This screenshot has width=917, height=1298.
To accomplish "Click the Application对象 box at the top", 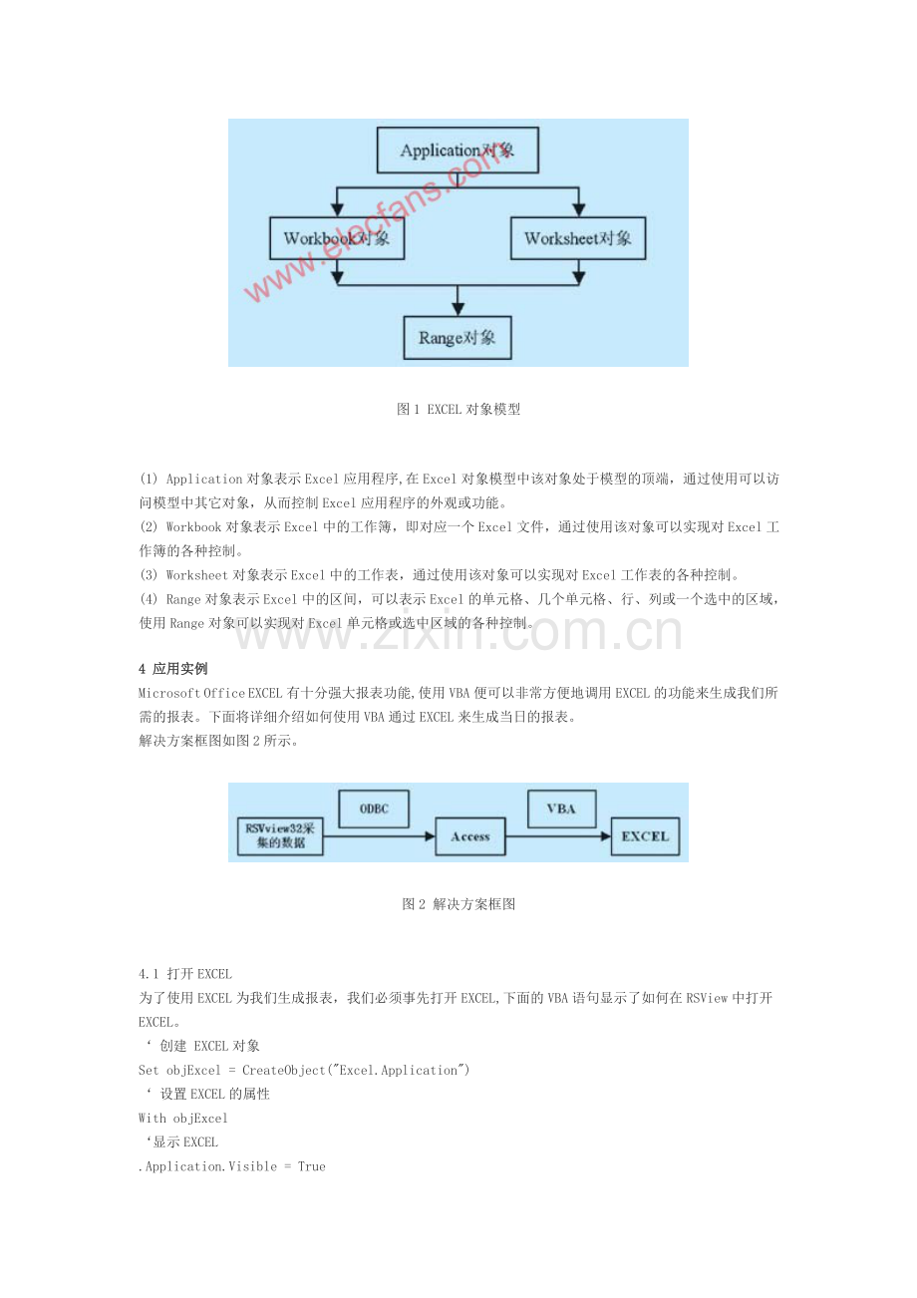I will tap(458, 152).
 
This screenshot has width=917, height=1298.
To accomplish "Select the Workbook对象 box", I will tap(337, 239).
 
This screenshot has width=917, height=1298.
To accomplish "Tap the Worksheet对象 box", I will tap(577, 239).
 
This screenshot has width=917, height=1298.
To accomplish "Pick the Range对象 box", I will tap(457, 338).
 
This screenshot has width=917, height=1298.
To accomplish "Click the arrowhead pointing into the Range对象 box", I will tap(457, 308).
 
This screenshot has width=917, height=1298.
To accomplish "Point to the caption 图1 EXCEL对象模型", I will tap(458, 409).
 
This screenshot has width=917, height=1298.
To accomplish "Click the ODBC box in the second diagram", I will tap(374, 809).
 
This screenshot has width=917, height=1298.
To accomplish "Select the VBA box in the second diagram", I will tap(561, 809).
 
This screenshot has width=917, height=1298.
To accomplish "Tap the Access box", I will tap(470, 836).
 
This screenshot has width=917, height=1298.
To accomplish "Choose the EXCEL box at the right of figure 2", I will tap(646, 836).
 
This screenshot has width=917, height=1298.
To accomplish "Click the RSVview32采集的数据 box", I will tap(280, 836).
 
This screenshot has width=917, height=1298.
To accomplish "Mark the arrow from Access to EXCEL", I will tap(558, 836).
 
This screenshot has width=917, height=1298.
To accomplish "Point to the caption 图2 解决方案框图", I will tap(458, 904).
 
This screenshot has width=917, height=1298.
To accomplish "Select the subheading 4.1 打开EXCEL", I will tap(185, 974).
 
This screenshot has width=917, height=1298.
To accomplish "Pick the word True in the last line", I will tap(312, 1166).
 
